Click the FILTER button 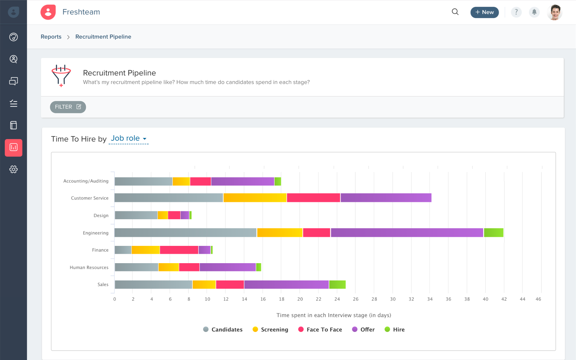pyautogui.click(x=68, y=107)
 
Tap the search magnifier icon pyautogui.click(x=455, y=12)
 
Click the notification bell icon pyautogui.click(x=534, y=12)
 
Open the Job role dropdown pyautogui.click(x=129, y=139)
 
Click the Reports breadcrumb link pyautogui.click(x=51, y=37)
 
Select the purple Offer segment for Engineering pyautogui.click(x=407, y=233)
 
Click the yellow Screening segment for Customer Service pyautogui.click(x=255, y=198)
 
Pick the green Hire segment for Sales pyautogui.click(x=337, y=284)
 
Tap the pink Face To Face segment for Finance pyautogui.click(x=179, y=250)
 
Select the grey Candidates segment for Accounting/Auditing pyautogui.click(x=143, y=181)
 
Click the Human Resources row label pyautogui.click(x=89, y=267)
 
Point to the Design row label pyautogui.click(x=101, y=216)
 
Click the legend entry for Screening pyautogui.click(x=270, y=329)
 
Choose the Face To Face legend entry pyautogui.click(x=320, y=329)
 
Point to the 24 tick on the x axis pyautogui.click(x=337, y=299)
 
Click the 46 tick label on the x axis pyautogui.click(x=538, y=299)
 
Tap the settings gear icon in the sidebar pyautogui.click(x=13, y=169)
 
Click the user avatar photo pyautogui.click(x=554, y=12)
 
